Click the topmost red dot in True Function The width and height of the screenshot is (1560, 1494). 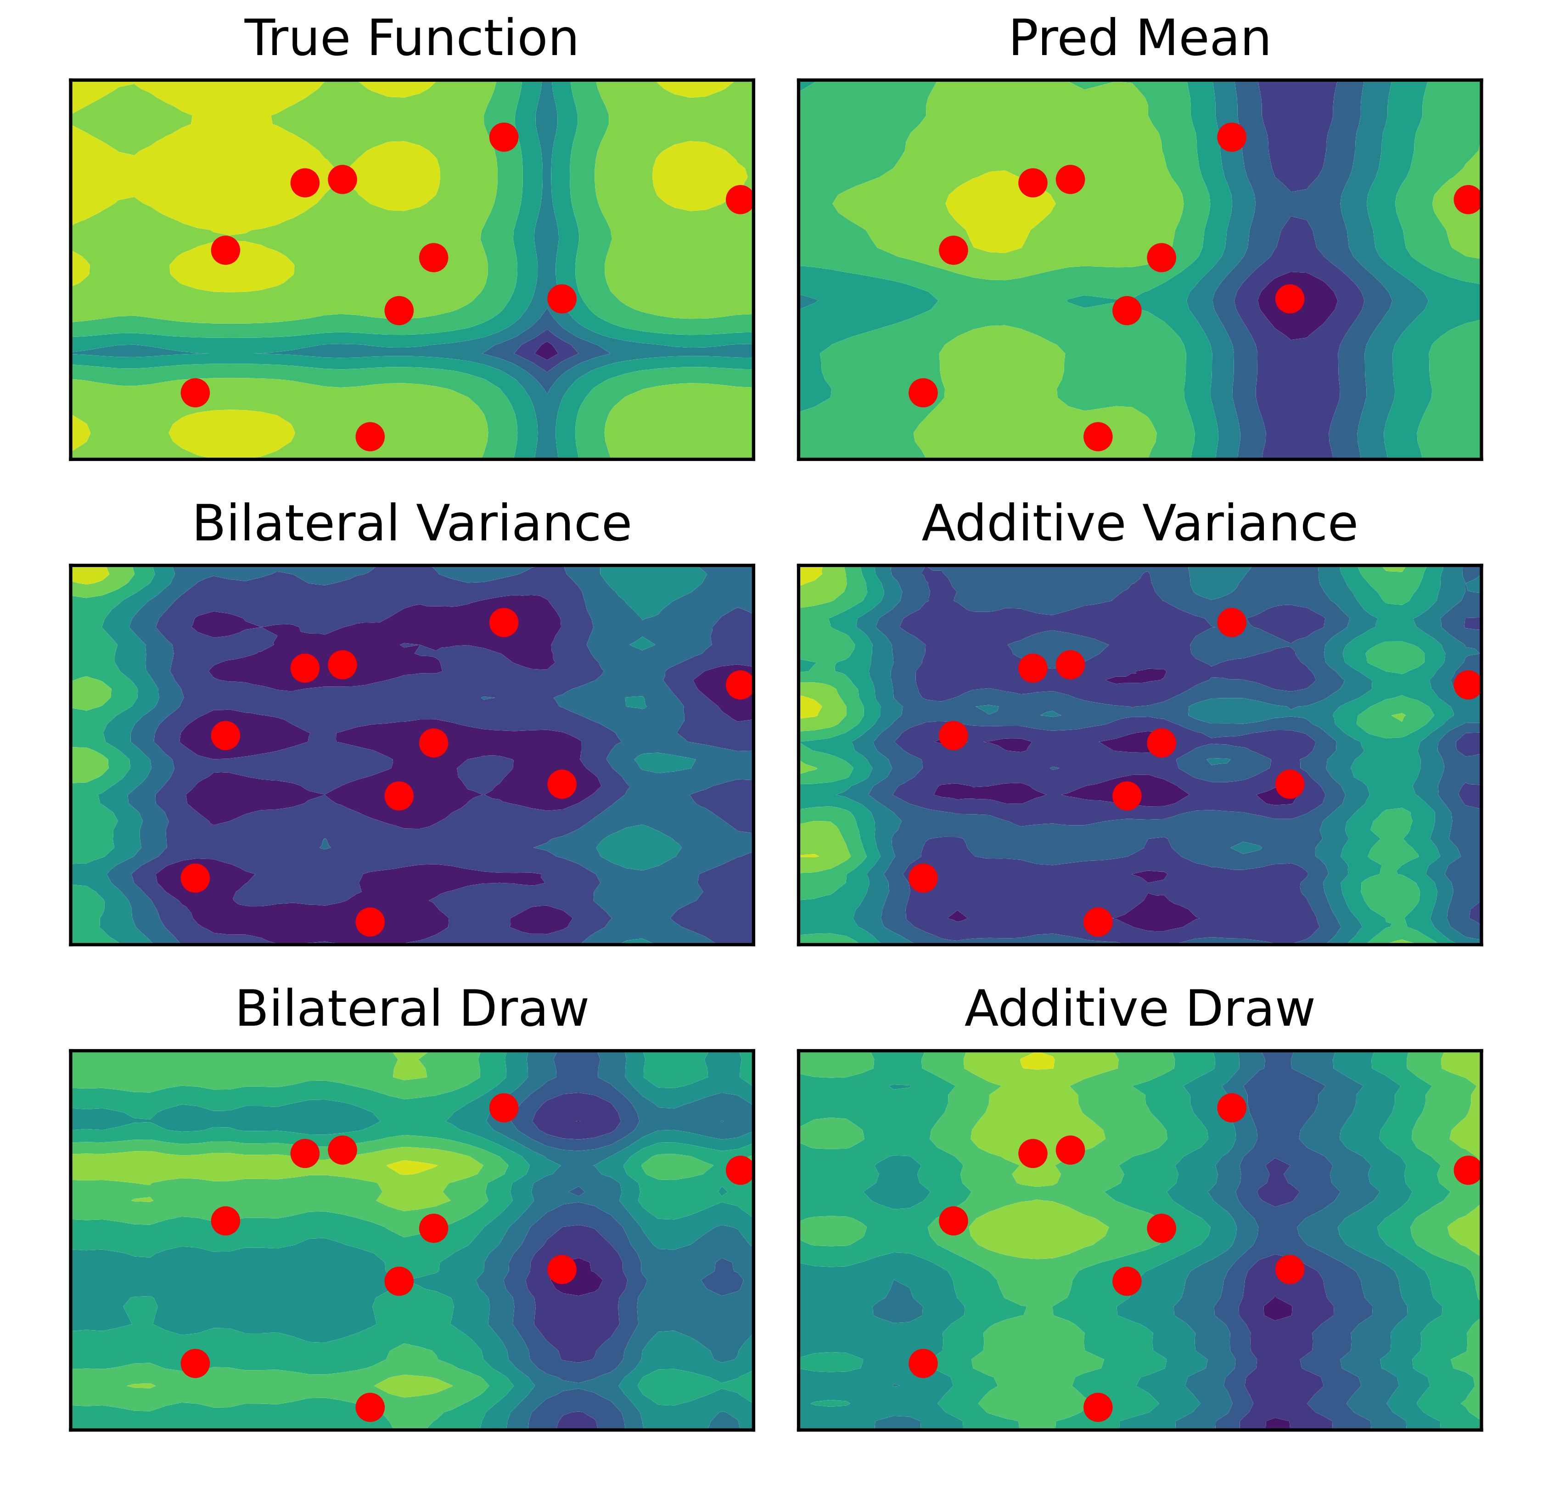click(504, 137)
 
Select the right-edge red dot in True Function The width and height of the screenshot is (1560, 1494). click(740, 199)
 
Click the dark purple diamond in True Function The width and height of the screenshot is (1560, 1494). click(547, 350)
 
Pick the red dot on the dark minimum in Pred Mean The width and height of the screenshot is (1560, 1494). click(1290, 299)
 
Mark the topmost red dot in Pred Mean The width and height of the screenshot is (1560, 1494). click(1231, 137)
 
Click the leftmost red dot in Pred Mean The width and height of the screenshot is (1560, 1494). click(922, 393)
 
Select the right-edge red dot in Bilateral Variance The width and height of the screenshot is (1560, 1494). click(740, 685)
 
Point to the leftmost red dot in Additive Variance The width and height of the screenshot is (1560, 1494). click(922, 878)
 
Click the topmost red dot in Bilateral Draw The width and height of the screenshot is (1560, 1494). click(504, 1107)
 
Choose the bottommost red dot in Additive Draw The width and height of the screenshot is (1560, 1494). click(1098, 1407)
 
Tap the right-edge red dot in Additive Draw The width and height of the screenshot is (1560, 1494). click(1468, 1170)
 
